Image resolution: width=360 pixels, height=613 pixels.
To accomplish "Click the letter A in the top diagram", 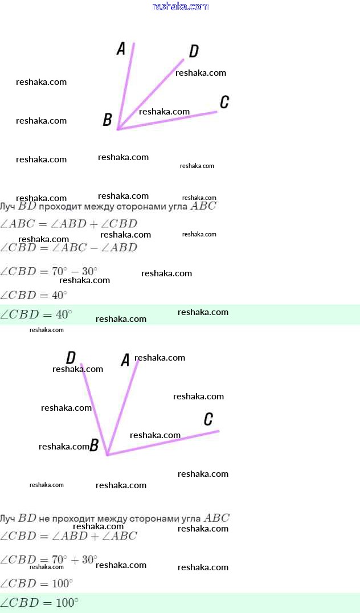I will [x=121, y=49].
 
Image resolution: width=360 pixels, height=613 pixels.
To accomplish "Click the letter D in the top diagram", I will [x=194, y=51].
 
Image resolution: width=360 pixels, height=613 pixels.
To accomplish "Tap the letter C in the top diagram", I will [x=224, y=102].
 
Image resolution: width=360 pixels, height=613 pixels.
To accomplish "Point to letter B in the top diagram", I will [x=107, y=120].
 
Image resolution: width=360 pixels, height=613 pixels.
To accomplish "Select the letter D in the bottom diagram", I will [x=71, y=358].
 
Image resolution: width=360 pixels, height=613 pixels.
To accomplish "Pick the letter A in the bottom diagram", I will [x=125, y=360].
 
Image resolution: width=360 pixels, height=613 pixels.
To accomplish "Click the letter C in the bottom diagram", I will [x=208, y=420].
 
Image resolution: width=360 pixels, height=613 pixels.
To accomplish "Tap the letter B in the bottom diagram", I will [x=95, y=446].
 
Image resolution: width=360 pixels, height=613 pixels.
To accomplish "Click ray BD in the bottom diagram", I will [x=92, y=404].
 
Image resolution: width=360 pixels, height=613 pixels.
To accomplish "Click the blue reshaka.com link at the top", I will [x=181, y=6].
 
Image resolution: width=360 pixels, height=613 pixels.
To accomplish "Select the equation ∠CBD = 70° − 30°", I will [x=49, y=271].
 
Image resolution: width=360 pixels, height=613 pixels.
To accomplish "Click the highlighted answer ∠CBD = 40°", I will [x=36, y=314].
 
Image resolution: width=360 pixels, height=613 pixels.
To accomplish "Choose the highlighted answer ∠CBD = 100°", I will [x=39, y=603].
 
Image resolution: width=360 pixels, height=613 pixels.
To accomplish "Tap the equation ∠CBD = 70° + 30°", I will [x=49, y=559].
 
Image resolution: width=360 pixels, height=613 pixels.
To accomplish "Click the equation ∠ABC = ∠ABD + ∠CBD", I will [x=68, y=224].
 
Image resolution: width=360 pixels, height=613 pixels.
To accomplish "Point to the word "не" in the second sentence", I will [x=44, y=518].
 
